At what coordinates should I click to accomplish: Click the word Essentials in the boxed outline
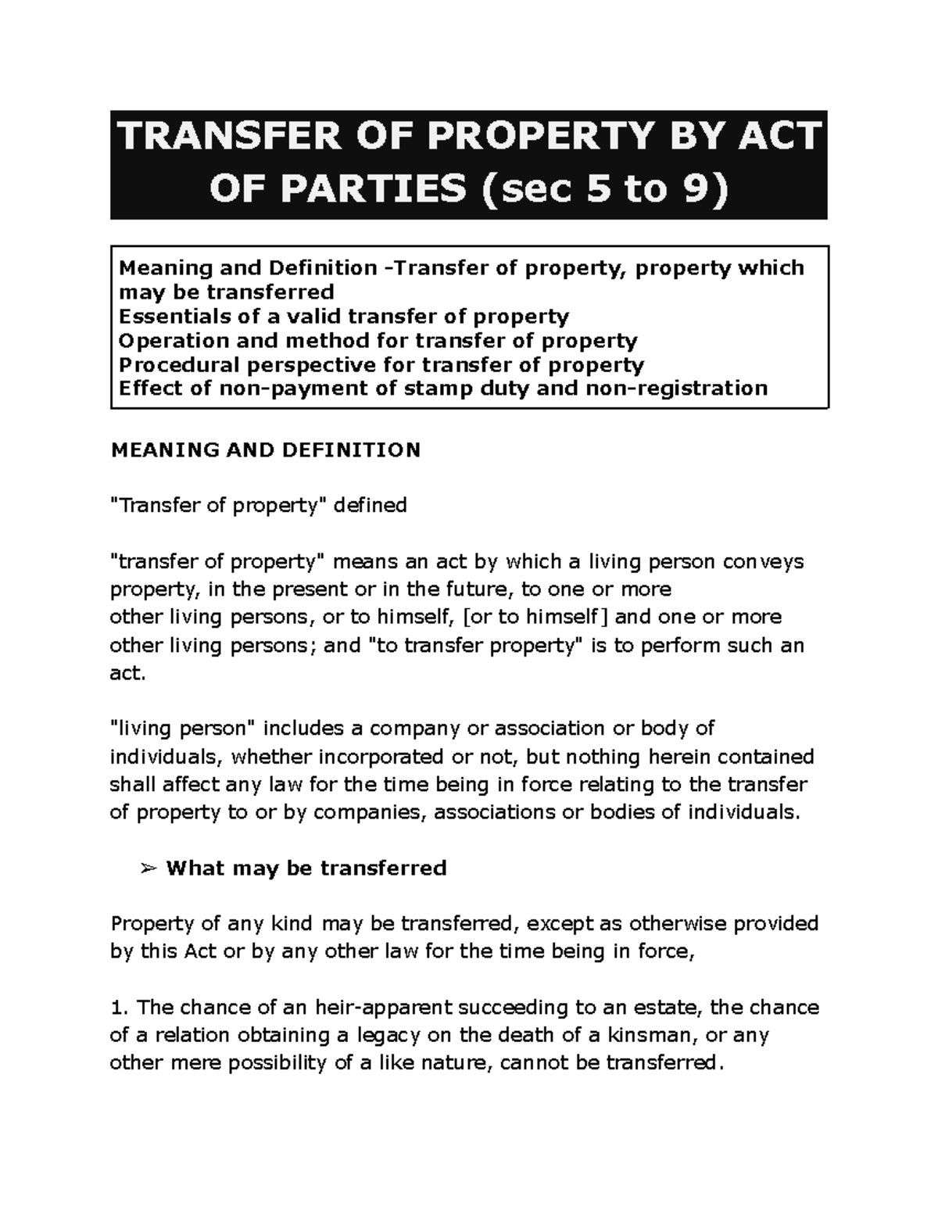[168, 317]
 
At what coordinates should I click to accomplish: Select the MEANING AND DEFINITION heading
[266, 450]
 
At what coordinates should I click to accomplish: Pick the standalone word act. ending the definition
[128, 673]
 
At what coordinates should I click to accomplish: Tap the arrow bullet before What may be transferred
[148, 868]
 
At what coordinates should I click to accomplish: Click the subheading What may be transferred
[306, 868]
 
